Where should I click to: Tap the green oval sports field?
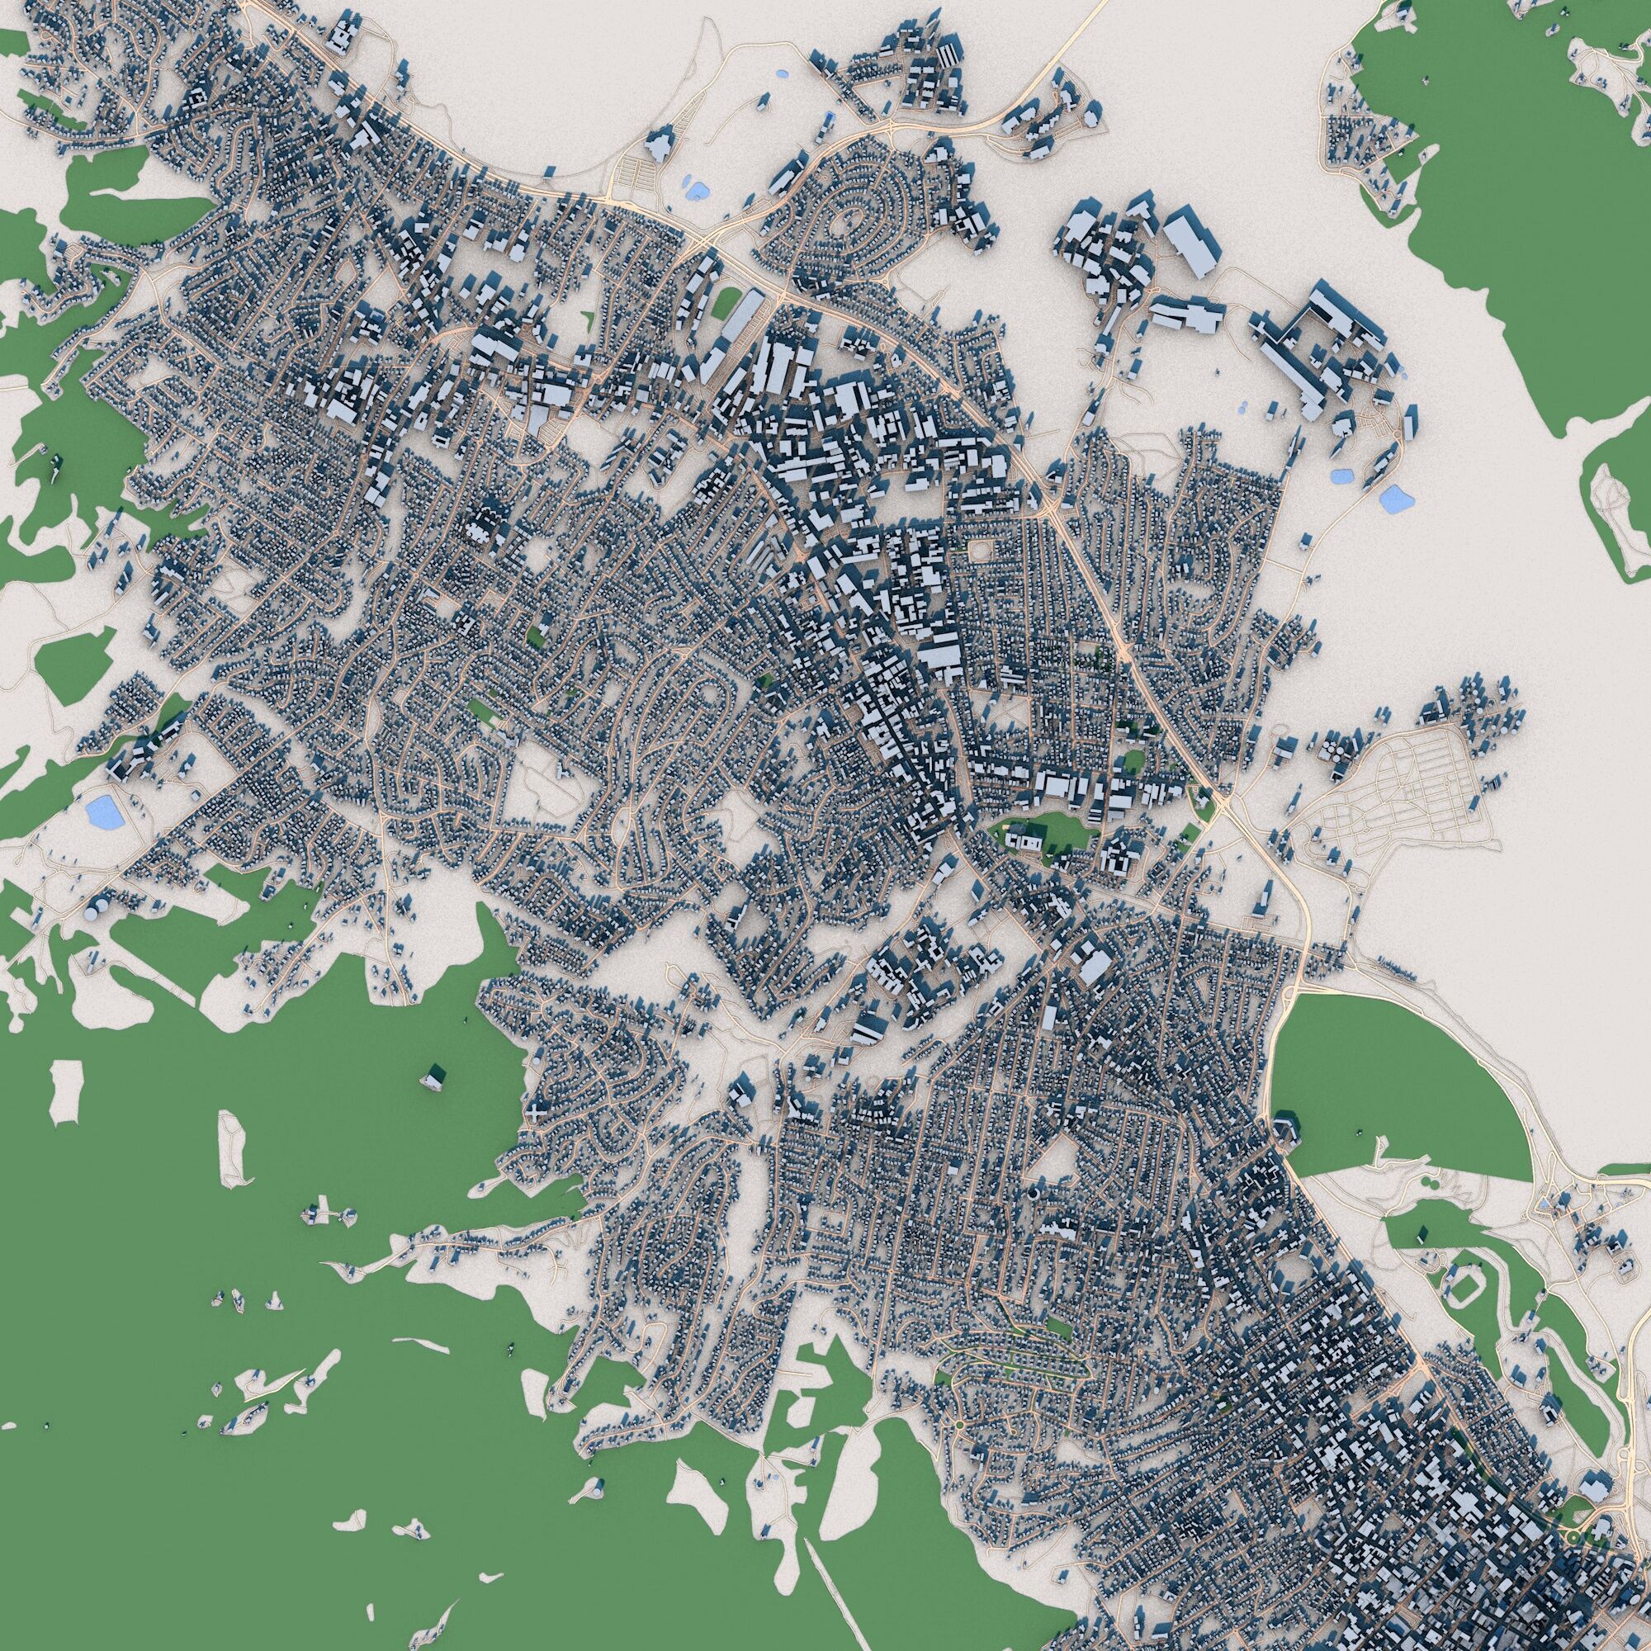(730, 299)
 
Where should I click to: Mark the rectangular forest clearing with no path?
(67, 1089)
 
